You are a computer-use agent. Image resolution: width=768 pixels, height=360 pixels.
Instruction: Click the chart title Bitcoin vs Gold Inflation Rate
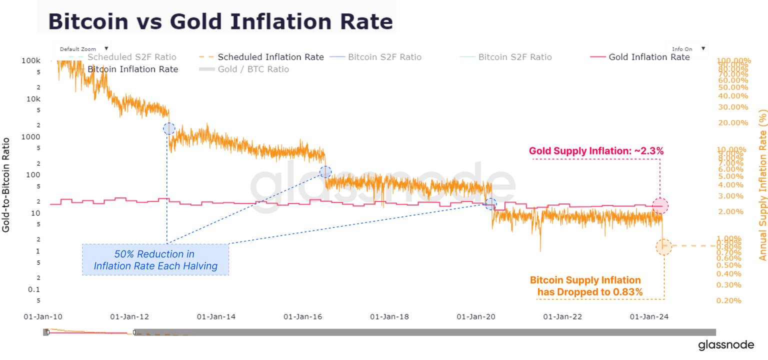(220, 22)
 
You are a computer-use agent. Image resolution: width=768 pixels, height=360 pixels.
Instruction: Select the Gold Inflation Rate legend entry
(648, 57)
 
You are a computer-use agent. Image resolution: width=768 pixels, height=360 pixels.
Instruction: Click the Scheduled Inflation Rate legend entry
(270, 57)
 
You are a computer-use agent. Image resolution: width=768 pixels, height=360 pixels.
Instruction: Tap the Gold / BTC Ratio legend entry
(253, 69)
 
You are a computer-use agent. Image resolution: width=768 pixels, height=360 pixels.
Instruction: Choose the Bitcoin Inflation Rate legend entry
(132, 69)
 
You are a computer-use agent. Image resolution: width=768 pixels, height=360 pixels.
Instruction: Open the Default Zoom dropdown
(82, 49)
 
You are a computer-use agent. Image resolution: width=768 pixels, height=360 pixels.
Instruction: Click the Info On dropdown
(687, 49)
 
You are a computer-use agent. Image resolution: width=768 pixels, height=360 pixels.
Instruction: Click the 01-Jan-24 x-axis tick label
(648, 316)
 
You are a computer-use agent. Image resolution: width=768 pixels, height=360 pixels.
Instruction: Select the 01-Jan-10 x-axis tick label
(43, 316)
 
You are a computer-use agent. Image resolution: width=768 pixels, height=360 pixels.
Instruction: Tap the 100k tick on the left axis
(31, 60)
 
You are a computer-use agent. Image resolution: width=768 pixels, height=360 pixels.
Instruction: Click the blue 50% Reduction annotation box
(155, 259)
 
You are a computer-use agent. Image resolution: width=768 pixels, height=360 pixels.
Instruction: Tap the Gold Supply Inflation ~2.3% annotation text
(596, 150)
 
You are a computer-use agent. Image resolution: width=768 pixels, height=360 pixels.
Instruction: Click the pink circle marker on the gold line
(660, 205)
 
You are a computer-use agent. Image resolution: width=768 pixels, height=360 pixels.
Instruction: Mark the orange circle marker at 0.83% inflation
(663, 246)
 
